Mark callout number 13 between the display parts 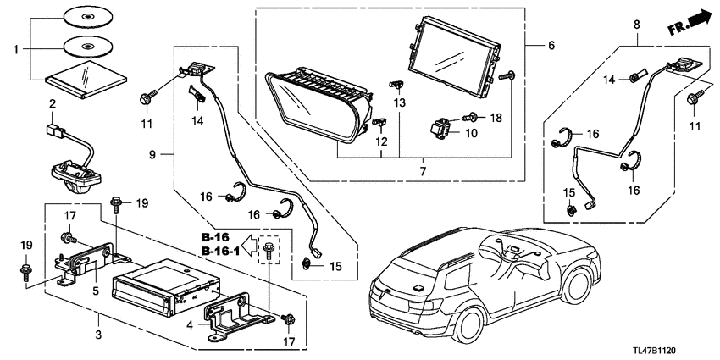click(401, 102)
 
